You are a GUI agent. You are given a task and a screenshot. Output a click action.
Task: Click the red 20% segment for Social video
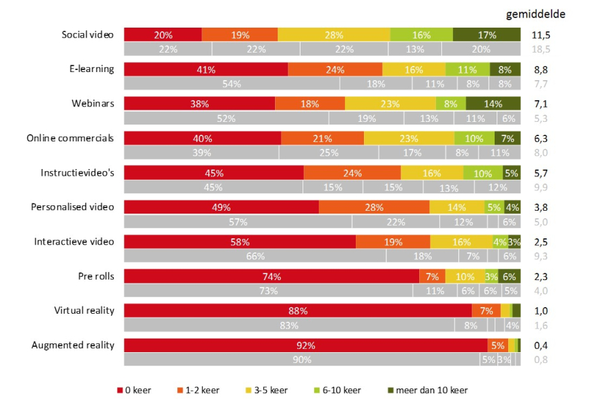162,35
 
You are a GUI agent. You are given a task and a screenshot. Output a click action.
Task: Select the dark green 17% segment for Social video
487,35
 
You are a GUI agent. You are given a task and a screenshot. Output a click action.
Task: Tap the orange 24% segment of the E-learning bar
335,69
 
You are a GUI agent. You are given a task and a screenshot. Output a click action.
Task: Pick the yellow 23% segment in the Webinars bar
390,104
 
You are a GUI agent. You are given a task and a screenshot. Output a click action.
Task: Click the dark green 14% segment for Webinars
493,104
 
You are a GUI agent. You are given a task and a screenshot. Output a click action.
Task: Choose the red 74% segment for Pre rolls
272,276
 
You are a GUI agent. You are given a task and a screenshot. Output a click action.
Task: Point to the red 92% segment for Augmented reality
305,345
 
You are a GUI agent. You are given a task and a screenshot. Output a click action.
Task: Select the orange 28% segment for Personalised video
374,207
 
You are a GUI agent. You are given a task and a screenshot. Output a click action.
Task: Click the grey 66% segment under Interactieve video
255,255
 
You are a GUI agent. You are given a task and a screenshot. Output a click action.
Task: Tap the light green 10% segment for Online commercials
474,138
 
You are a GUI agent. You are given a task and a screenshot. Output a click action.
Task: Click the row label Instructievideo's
77,172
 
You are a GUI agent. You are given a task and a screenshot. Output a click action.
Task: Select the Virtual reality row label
84,310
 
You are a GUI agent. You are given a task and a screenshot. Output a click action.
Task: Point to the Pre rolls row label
96,276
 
